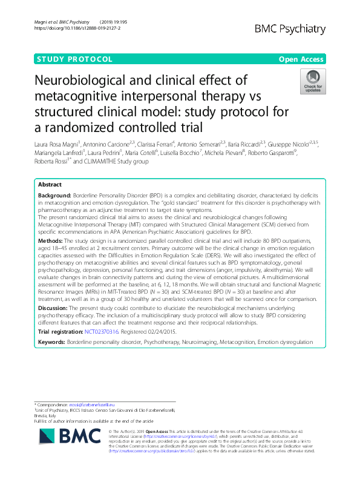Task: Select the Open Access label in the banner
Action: click(303, 59)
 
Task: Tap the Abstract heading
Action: click(50, 184)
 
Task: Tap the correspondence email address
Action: click(96, 404)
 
